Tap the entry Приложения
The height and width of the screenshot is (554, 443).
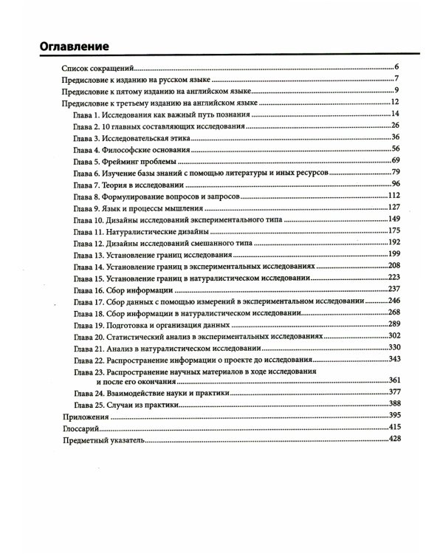point(85,417)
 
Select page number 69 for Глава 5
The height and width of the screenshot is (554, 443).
point(394,160)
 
